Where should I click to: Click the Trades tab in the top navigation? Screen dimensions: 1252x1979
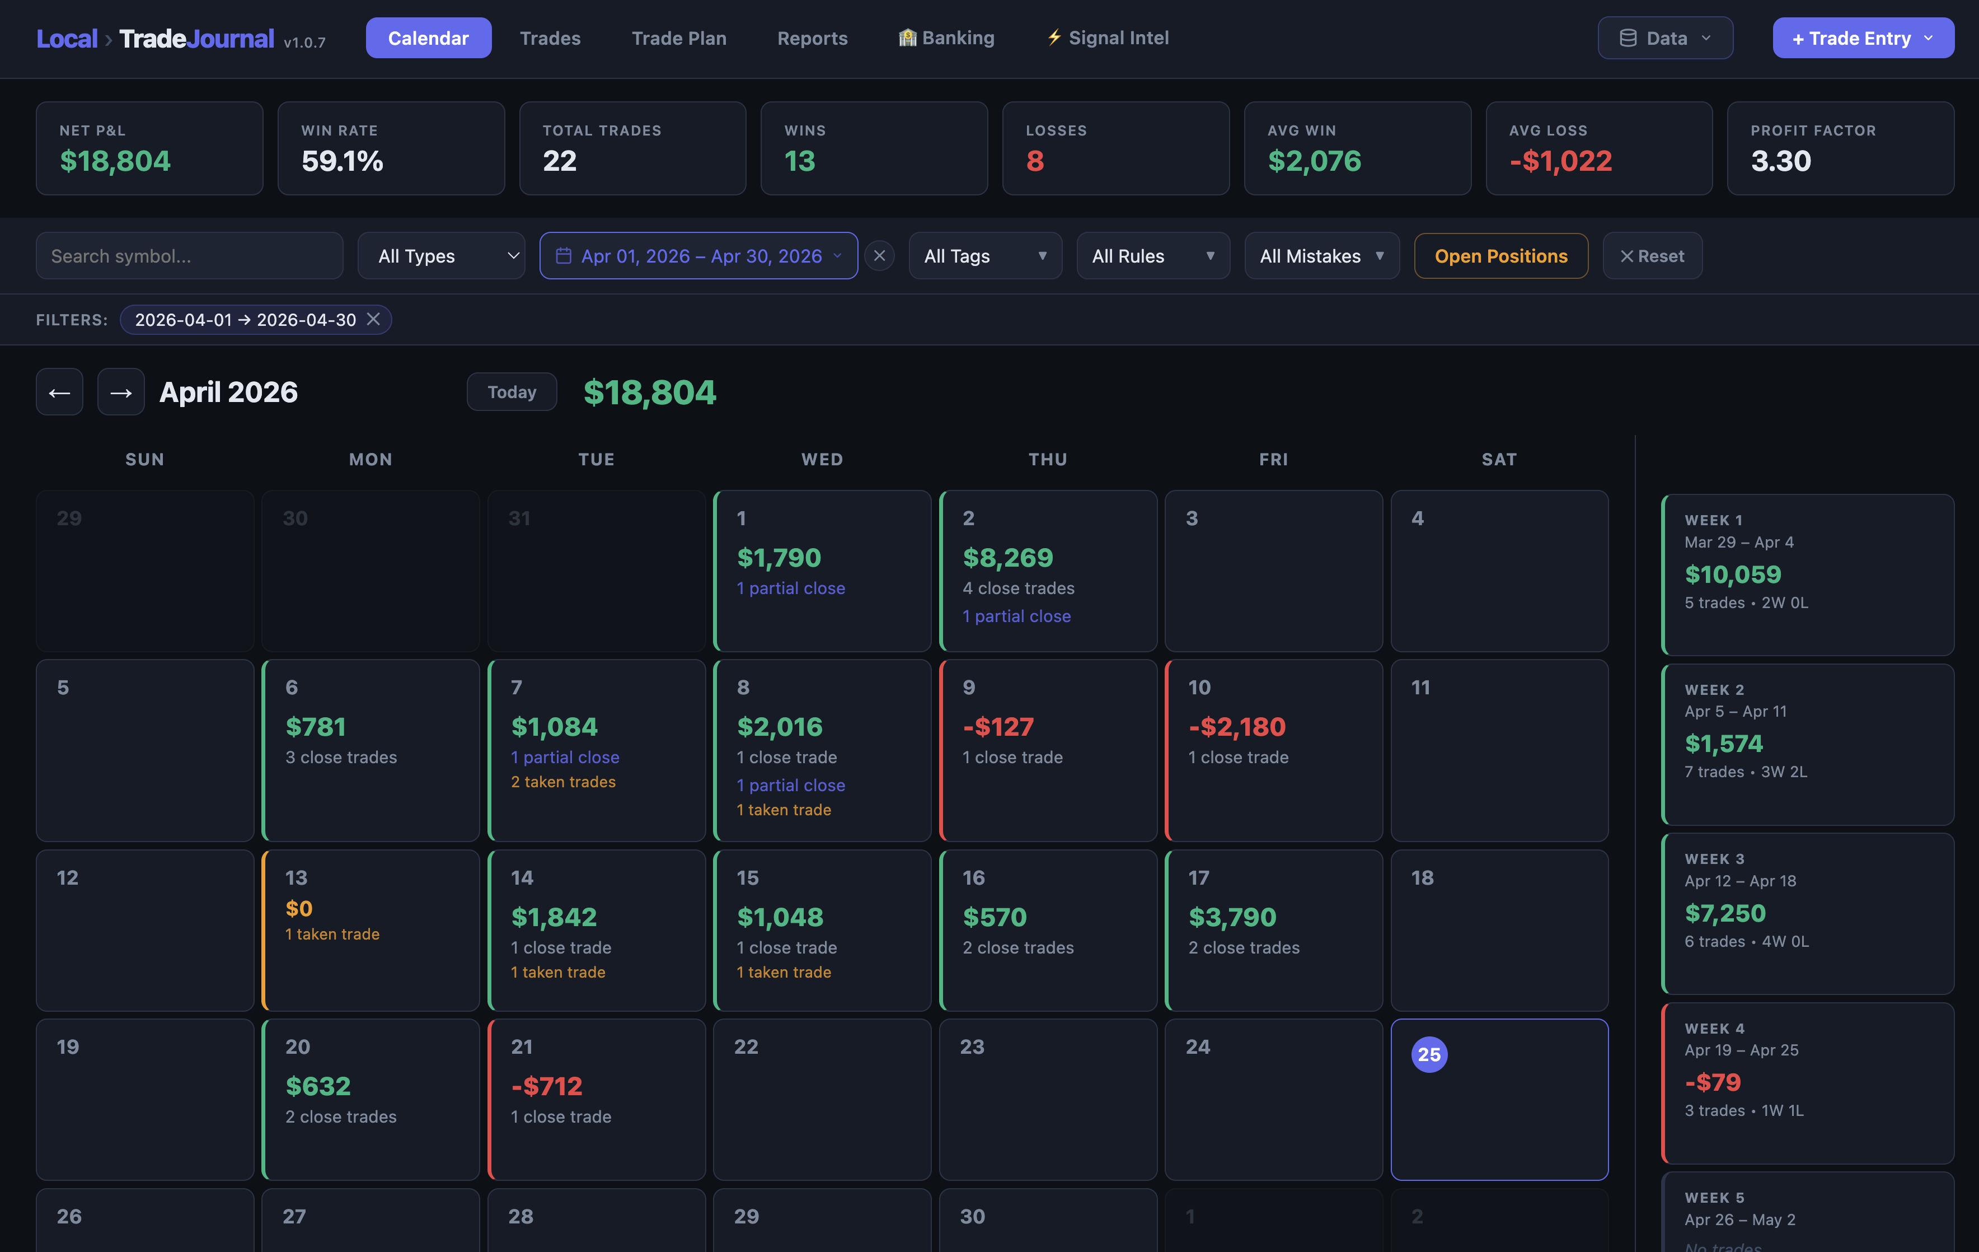[550, 38]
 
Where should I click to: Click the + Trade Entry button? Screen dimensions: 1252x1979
[1862, 38]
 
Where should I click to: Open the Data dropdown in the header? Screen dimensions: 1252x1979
[1665, 38]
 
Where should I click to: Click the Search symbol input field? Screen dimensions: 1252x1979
[189, 256]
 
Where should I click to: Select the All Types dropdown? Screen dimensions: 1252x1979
[442, 256]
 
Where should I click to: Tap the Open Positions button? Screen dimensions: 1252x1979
[1500, 256]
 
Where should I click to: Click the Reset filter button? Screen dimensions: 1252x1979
[1652, 256]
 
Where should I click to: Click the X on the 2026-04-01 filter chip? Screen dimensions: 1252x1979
[373, 319]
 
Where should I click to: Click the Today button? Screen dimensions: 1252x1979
[511, 392]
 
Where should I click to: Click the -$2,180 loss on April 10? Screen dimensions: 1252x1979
[1236, 727]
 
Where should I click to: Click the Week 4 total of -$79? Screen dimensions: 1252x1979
[1713, 1082]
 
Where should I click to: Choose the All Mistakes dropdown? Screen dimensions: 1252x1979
[1321, 256]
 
